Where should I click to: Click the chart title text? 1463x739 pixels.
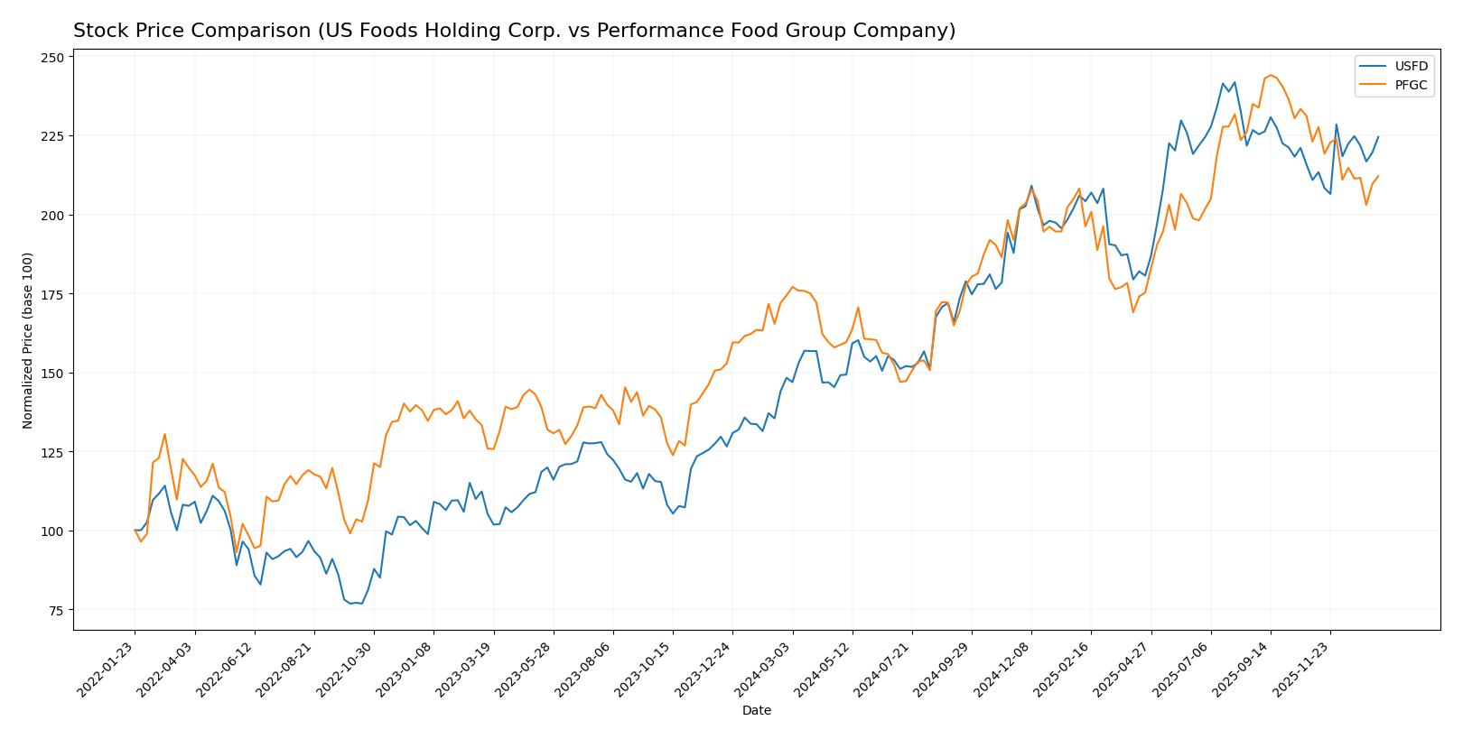[514, 32]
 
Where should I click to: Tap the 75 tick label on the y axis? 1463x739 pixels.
[56, 610]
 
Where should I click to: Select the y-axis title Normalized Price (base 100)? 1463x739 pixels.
[28, 340]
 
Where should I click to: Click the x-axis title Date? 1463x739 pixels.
[756, 711]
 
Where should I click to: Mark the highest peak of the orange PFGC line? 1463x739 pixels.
[1270, 75]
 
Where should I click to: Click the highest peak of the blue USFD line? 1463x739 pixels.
[1235, 82]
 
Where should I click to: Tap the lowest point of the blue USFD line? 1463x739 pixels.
[350, 603]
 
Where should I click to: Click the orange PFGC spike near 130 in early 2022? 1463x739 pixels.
[164, 434]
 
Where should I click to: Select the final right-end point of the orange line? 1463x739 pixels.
[1378, 176]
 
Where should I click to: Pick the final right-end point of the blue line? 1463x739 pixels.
[1378, 137]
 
